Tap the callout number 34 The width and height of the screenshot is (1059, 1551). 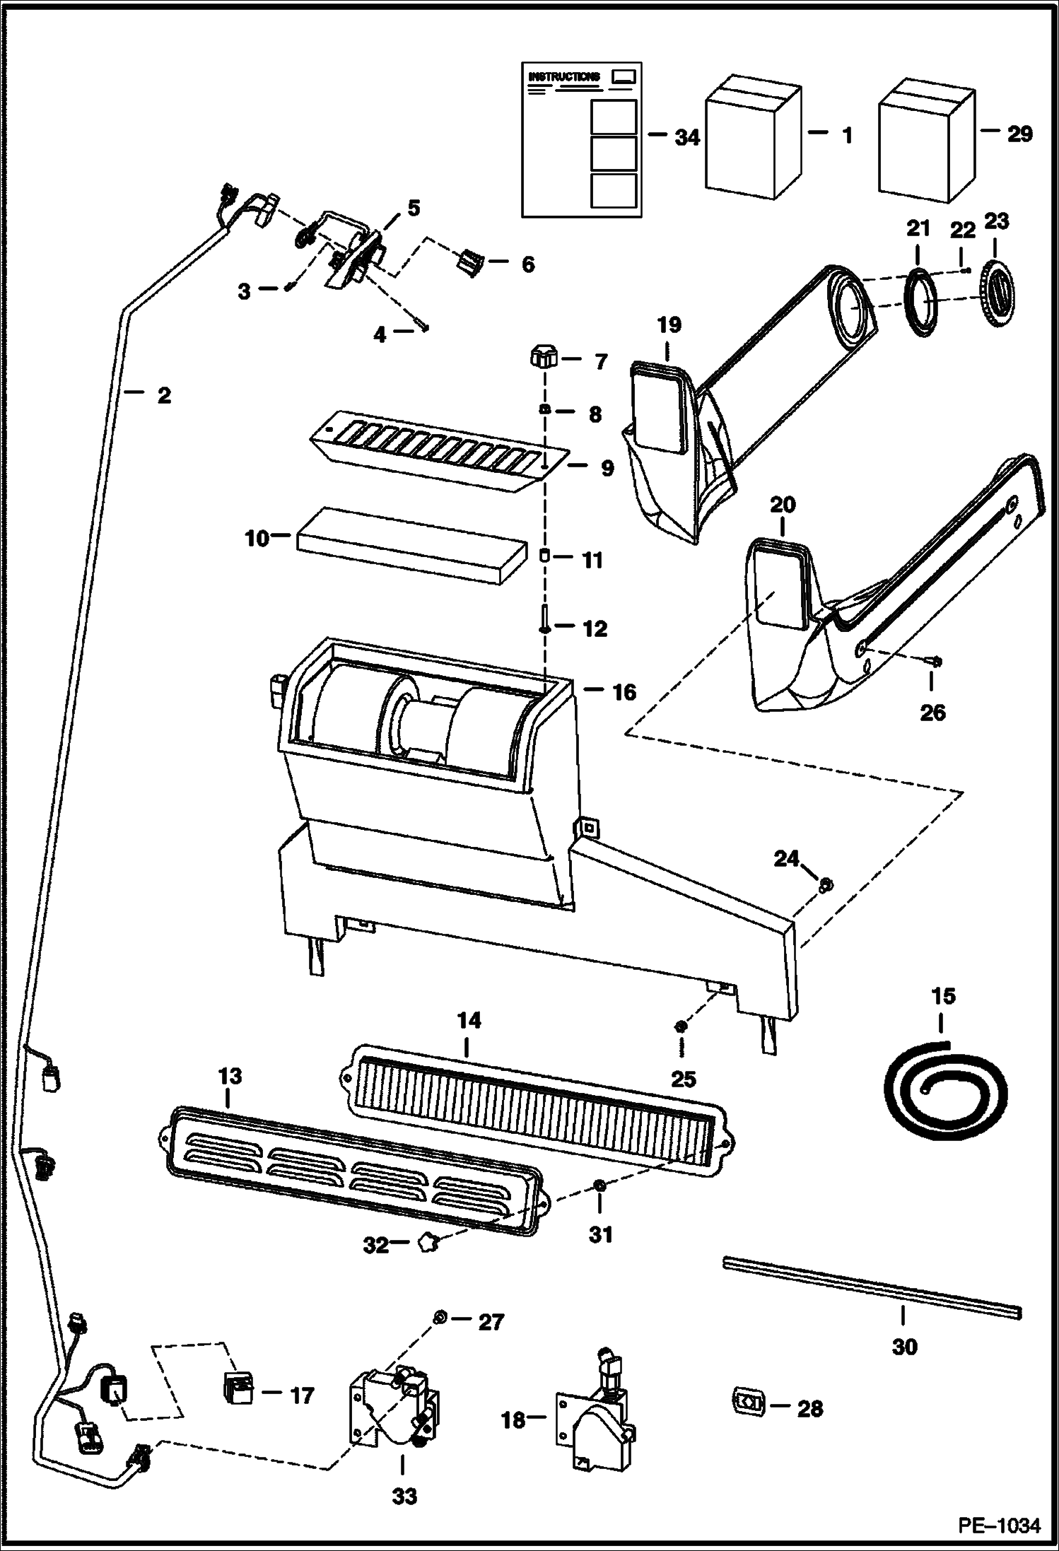click(686, 137)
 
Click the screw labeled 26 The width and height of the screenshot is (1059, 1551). click(932, 661)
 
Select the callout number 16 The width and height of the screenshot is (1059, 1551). click(624, 691)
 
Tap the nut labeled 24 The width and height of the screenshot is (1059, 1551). click(825, 884)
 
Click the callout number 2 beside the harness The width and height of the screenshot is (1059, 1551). click(164, 394)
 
